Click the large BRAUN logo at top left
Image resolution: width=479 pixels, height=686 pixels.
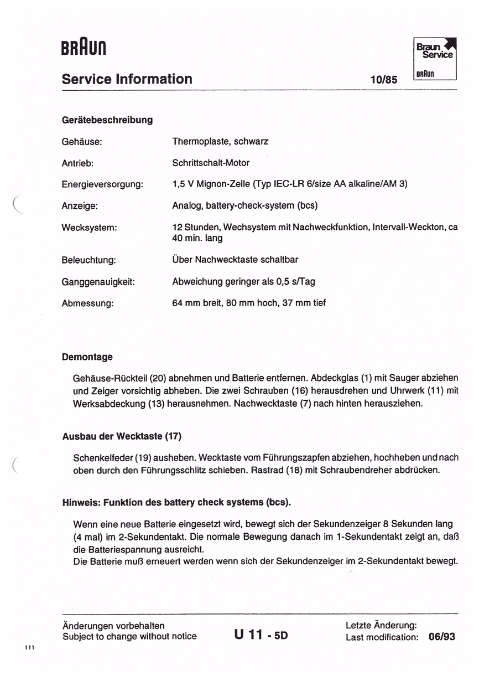(x=84, y=49)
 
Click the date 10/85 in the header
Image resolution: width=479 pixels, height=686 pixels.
(x=384, y=80)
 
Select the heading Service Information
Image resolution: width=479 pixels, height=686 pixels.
(x=127, y=79)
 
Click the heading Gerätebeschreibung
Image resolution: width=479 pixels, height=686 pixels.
(x=107, y=120)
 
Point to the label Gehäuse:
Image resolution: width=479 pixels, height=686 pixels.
(x=82, y=142)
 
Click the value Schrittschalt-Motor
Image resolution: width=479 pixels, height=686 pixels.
(x=211, y=163)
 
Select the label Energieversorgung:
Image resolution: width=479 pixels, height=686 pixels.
(x=102, y=184)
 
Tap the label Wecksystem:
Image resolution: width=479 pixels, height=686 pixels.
(x=90, y=227)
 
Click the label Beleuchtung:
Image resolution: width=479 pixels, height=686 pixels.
(x=88, y=260)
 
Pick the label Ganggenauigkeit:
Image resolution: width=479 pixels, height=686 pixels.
(x=98, y=282)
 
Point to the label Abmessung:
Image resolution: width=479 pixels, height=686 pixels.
(x=87, y=303)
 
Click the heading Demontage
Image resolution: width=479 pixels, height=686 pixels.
(x=87, y=357)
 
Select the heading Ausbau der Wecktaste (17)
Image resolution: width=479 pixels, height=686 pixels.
(x=122, y=436)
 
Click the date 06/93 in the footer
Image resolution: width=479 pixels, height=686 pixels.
(x=441, y=637)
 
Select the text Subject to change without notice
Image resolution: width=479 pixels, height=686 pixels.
(x=129, y=637)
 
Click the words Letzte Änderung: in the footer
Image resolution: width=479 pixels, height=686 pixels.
(x=381, y=626)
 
